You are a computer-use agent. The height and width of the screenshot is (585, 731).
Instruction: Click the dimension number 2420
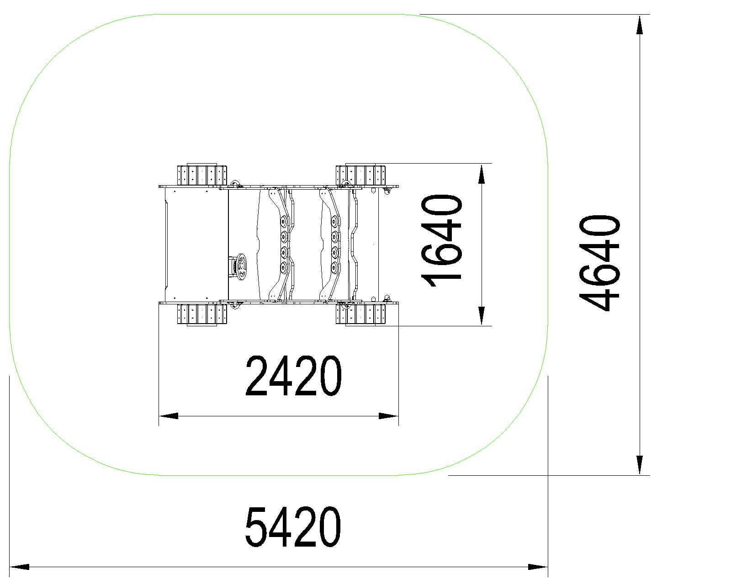293,376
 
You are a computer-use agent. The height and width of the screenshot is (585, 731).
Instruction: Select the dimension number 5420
293,527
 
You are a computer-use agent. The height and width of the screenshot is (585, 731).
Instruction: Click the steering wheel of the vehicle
242,267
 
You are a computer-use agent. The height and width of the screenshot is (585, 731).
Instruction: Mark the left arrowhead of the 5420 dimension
19,567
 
